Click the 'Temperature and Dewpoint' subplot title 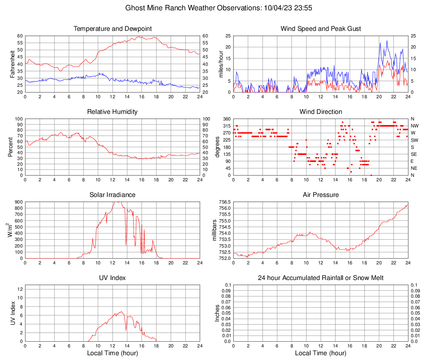tap(113, 29)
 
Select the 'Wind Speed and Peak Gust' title tap(321, 29)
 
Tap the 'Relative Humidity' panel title tap(113, 112)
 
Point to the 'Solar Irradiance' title tap(113, 195)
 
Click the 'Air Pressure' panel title tap(321, 195)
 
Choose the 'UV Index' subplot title tap(113, 278)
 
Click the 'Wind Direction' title tap(321, 112)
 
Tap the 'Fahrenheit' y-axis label tap(12, 64)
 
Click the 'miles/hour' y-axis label tap(221, 64)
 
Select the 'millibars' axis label tap(214, 230)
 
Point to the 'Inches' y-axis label tap(217, 313)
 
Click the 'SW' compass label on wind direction tap(415, 140)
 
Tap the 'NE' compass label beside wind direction tap(415, 168)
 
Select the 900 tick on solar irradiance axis tap(18, 202)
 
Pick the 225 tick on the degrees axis tap(226, 140)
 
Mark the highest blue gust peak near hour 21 tap(387, 41)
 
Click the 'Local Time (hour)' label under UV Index tap(113, 353)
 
